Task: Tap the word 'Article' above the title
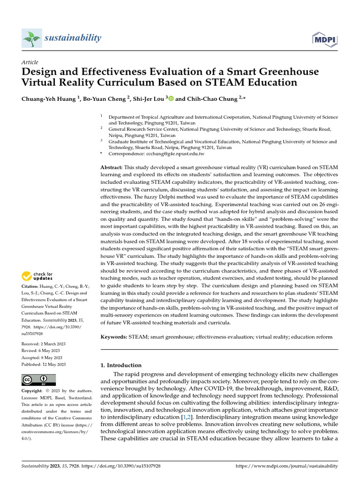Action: coord(30,62)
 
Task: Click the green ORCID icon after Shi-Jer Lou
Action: coord(171,98)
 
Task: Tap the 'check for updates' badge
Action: coord(37,276)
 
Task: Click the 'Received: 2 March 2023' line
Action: coord(44,344)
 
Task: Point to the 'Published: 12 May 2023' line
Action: coord(44,364)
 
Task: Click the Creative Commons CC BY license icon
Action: coord(38,380)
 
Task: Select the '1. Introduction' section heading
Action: coord(121,365)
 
